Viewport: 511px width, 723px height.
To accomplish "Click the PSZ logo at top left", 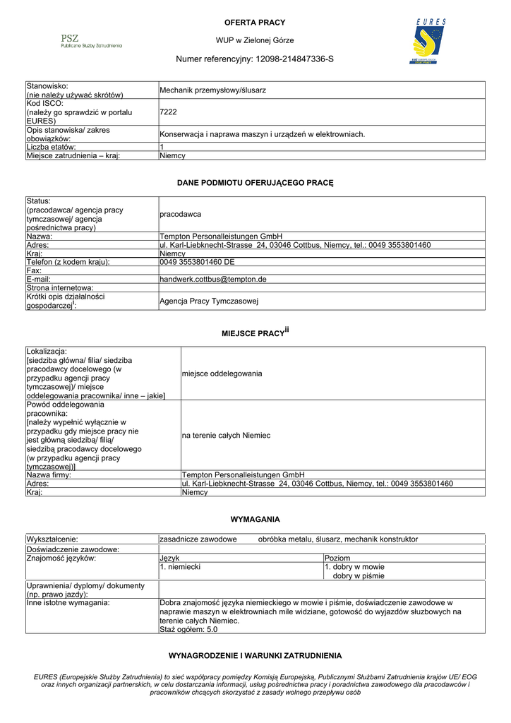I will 91,41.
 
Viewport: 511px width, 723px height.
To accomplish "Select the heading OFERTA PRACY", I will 255,23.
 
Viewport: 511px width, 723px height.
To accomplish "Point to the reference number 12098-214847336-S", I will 294,59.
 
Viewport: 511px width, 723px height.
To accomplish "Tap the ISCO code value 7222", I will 168,112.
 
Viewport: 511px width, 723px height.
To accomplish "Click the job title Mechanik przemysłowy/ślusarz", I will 212,90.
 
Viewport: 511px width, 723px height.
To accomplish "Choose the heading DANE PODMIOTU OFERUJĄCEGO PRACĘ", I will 255,183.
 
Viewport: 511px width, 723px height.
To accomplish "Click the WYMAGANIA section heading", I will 255,519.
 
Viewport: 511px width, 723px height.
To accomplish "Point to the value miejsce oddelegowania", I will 222,373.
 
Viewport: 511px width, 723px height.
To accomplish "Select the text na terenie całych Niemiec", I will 226,436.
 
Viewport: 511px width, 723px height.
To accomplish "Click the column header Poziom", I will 337,558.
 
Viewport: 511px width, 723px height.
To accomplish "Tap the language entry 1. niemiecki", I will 181,566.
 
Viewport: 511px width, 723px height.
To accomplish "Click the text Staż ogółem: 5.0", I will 188,629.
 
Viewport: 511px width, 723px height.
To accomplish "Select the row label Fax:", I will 34,270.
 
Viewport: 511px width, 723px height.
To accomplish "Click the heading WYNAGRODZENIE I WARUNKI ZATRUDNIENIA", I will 255,655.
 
